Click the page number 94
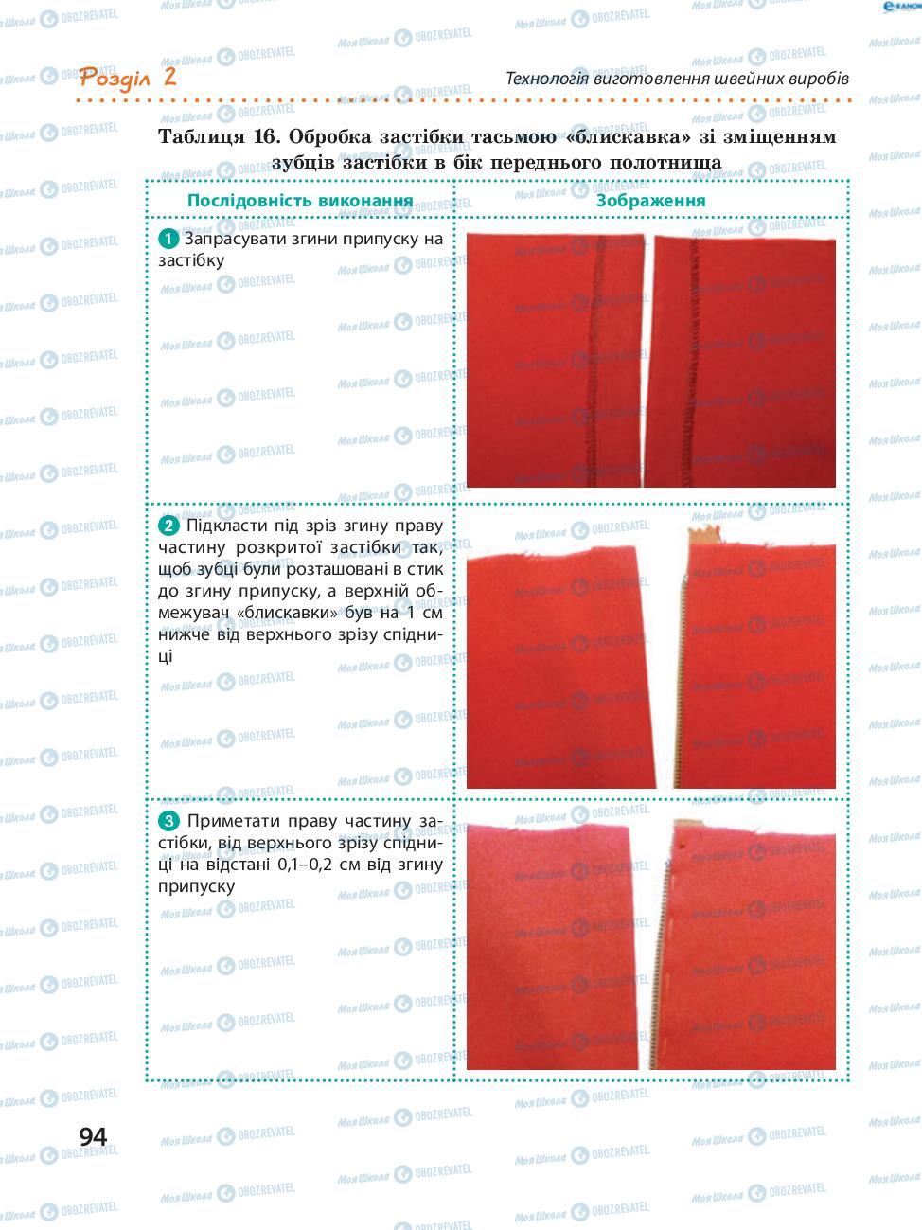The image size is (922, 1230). pos(93,1137)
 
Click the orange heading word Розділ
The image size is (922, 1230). pos(115,79)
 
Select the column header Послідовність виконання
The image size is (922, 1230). pos(300,201)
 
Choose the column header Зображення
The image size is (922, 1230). pos(650,201)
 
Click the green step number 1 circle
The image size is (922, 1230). pos(168,239)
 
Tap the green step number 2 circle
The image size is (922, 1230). pos(168,526)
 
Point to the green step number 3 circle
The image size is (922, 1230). pos(168,821)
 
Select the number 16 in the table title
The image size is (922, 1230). pos(267,136)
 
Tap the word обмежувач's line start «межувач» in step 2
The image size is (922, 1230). pos(193,613)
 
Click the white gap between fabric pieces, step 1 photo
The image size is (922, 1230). pos(648,359)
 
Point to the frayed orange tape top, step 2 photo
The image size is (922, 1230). pos(703,535)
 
